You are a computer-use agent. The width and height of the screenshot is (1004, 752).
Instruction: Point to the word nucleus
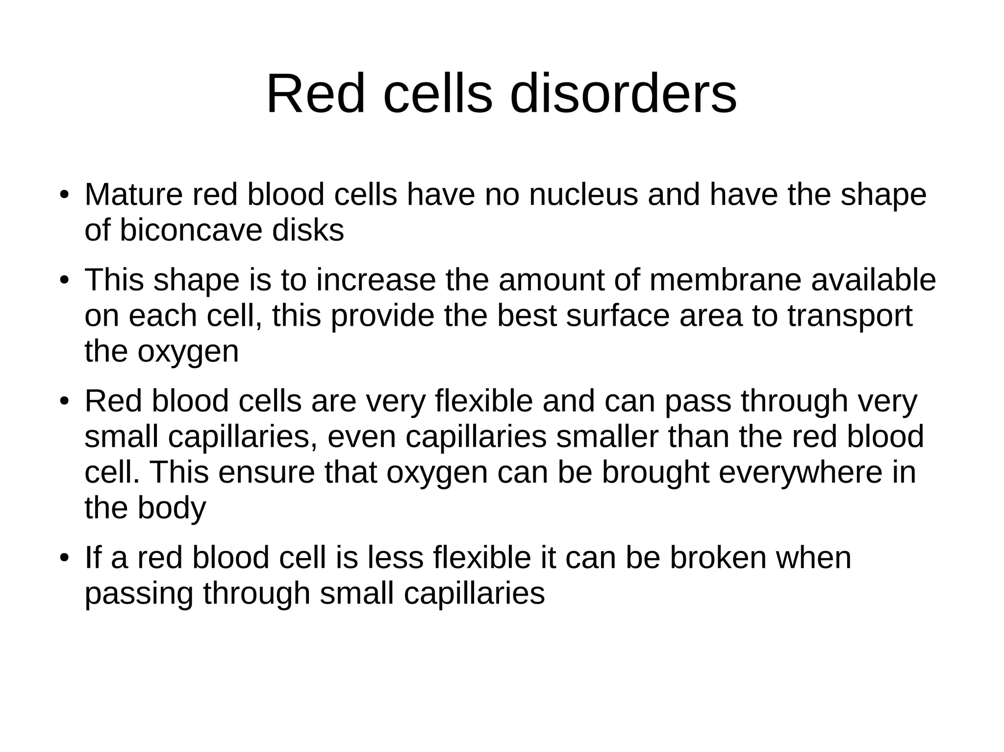click(x=583, y=194)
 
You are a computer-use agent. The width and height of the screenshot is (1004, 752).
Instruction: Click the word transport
click(x=850, y=316)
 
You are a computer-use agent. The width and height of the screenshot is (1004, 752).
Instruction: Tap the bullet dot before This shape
click(x=63, y=281)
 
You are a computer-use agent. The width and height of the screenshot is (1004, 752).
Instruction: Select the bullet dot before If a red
click(x=63, y=559)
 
